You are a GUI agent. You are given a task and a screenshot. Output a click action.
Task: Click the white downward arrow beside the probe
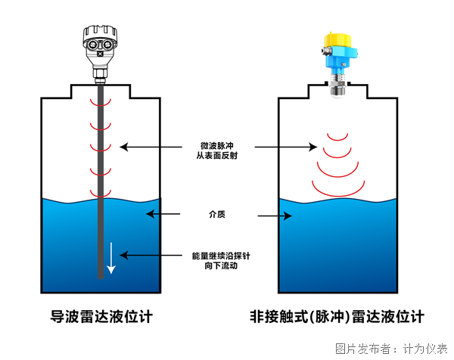tap(111, 256)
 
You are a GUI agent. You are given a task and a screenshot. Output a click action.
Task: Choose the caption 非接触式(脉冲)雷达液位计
tap(338, 317)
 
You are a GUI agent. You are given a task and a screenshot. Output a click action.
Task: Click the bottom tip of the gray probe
tap(101, 276)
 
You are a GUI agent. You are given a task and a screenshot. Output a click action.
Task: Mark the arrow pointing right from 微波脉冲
tap(284, 145)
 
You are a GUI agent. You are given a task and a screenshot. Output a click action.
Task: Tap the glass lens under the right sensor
tap(337, 92)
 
